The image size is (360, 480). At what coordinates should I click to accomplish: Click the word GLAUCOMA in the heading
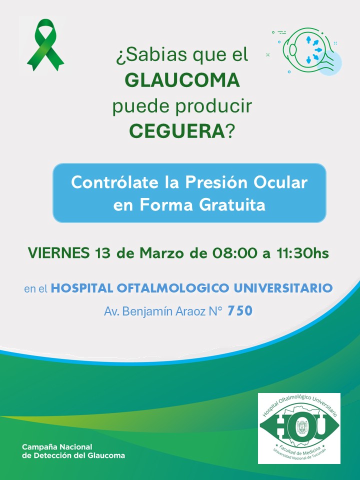click(x=182, y=80)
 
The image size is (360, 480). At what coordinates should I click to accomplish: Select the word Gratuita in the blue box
click(x=232, y=205)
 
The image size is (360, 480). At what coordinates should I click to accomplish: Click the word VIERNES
click(x=59, y=253)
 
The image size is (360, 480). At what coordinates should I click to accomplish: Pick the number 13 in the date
click(x=102, y=253)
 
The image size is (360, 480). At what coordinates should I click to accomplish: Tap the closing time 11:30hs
click(x=303, y=253)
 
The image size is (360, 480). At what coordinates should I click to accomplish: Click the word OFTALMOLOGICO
click(x=173, y=288)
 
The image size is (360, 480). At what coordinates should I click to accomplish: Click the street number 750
click(x=240, y=310)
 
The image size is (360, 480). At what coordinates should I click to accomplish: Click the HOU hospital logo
click(x=299, y=428)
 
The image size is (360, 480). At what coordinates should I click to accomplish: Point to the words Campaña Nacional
click(x=57, y=447)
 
